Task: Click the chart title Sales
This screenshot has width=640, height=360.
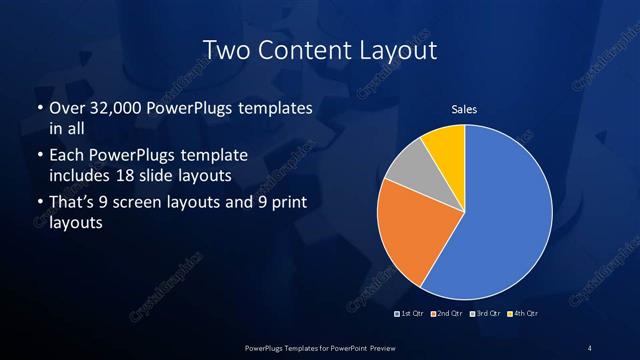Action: click(x=464, y=109)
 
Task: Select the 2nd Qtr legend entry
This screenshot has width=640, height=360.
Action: click(x=447, y=314)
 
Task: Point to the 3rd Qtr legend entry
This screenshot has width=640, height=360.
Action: click(x=485, y=314)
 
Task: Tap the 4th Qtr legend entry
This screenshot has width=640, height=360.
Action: click(x=523, y=314)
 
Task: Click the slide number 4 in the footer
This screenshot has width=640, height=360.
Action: click(x=590, y=347)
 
